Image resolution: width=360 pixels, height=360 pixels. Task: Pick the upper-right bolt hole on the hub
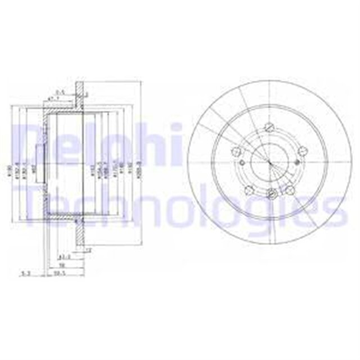[x=302, y=150]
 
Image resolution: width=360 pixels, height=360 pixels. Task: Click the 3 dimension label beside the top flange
[x=87, y=94]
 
